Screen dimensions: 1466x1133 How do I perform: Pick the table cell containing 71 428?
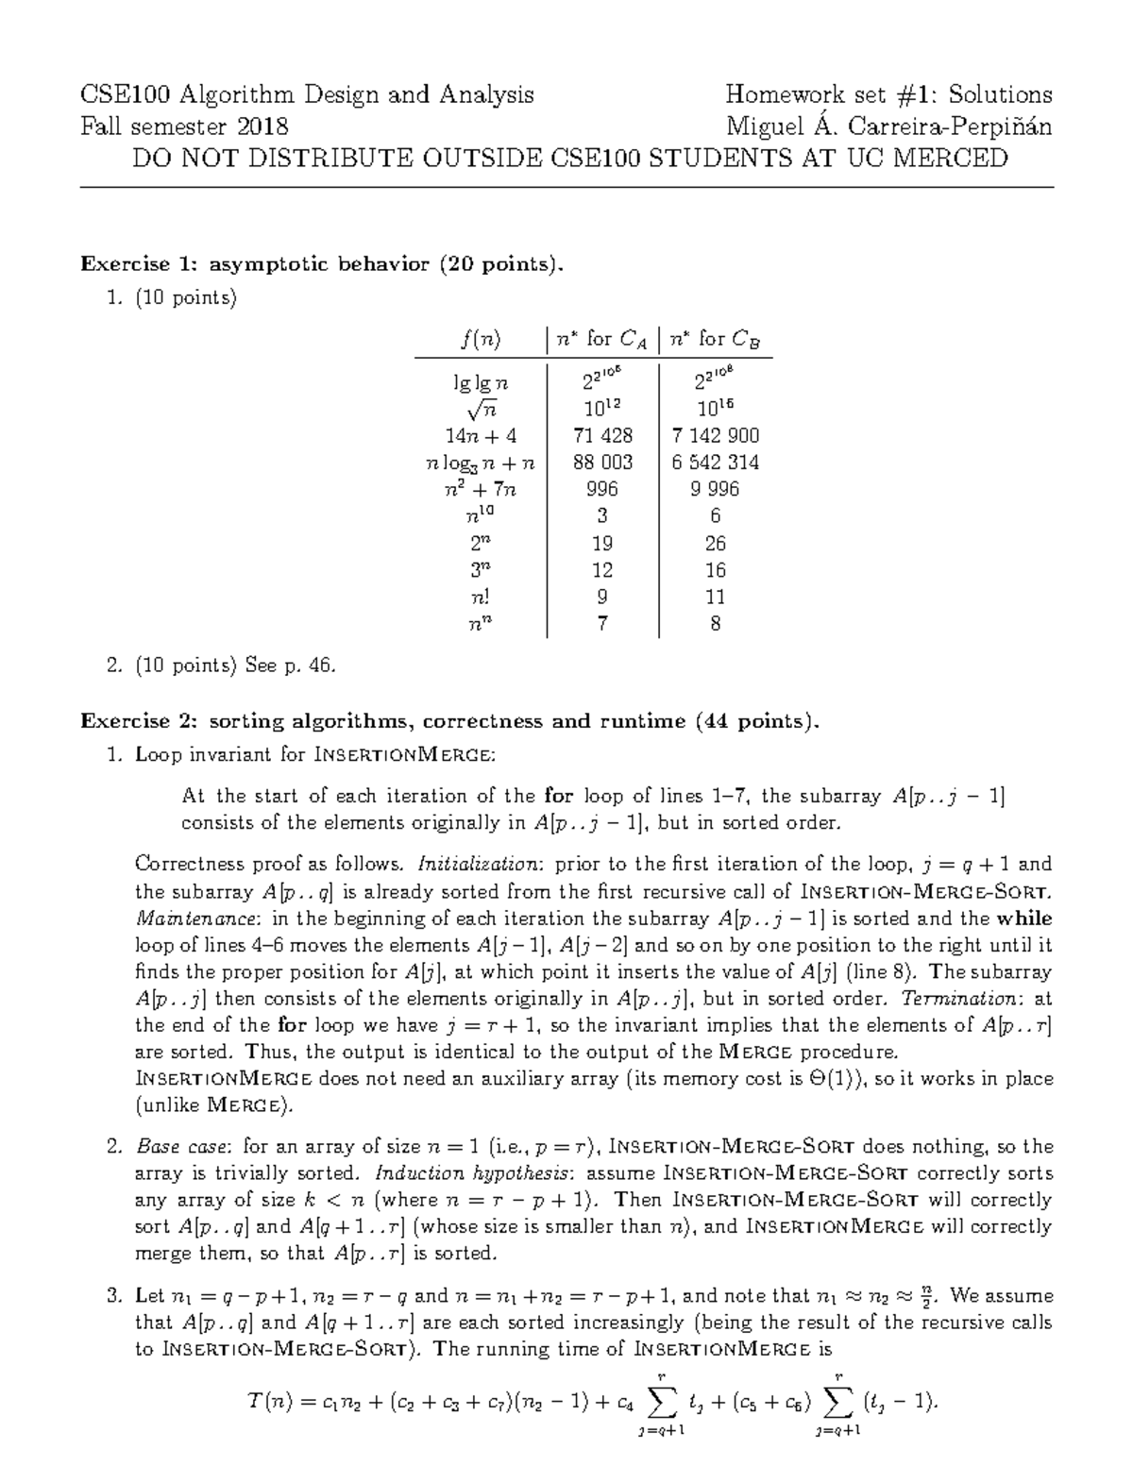pyautogui.click(x=602, y=435)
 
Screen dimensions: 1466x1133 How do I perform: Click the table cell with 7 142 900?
pyautogui.click(x=715, y=435)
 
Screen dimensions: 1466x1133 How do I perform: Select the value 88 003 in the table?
pyautogui.click(x=602, y=463)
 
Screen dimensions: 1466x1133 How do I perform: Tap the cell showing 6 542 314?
pyautogui.click(x=715, y=463)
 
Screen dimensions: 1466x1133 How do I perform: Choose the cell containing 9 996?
pyautogui.click(x=715, y=489)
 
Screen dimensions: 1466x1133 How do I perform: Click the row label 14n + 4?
pyautogui.click(x=482, y=435)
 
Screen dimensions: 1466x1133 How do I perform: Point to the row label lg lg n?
pyautogui.click(x=482, y=382)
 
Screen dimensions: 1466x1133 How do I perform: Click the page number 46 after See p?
pyautogui.click(x=320, y=666)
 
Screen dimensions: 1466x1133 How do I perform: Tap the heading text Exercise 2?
pyautogui.click(x=140, y=722)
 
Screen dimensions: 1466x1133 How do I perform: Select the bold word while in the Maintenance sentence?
pyautogui.click(x=1024, y=918)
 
